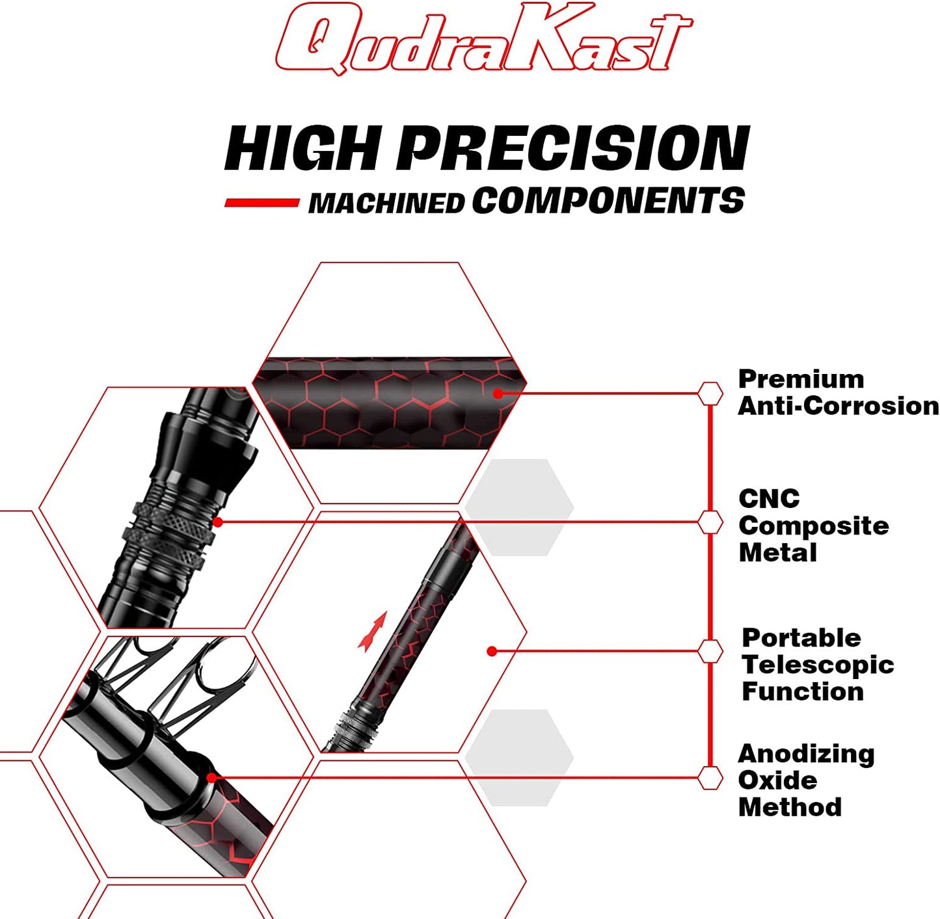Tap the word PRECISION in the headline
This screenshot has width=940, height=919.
pyautogui.click(x=572, y=148)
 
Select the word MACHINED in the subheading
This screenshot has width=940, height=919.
pyautogui.click(x=386, y=204)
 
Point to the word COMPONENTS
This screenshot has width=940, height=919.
pyautogui.click(x=608, y=200)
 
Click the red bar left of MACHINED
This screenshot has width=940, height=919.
pyautogui.click(x=262, y=203)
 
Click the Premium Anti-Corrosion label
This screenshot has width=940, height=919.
pyautogui.click(x=838, y=392)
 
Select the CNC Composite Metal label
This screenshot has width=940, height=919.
pyautogui.click(x=813, y=526)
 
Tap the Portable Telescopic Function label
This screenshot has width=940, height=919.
pyautogui.click(x=818, y=664)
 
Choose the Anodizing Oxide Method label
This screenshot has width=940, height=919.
pyautogui.click(x=806, y=780)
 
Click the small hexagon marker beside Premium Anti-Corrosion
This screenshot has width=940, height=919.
pyautogui.click(x=710, y=393)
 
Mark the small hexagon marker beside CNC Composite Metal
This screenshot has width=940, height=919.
pyautogui.click(x=710, y=522)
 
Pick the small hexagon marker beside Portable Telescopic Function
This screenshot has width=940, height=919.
pyautogui.click(x=710, y=650)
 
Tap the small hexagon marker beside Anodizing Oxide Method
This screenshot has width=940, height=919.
pyautogui.click(x=710, y=777)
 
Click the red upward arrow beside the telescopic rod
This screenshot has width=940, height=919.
pyautogui.click(x=373, y=631)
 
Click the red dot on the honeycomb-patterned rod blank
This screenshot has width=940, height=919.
pyautogui.click(x=498, y=393)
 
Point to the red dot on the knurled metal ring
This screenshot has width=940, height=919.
pyautogui.click(x=218, y=522)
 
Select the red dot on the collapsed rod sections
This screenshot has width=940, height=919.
pyautogui.click(x=211, y=777)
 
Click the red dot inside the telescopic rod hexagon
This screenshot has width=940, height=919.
pyautogui.click(x=492, y=651)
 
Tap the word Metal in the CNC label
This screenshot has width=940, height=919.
pyautogui.click(x=777, y=553)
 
